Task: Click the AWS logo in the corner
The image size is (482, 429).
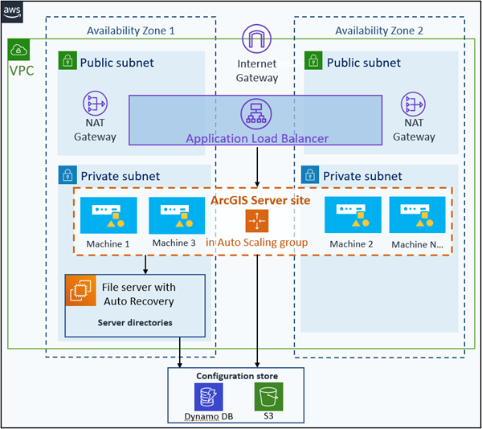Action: click(12, 12)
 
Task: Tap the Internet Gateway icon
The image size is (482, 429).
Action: click(257, 39)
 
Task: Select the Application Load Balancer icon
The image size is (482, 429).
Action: click(256, 114)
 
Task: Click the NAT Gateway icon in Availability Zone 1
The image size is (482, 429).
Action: click(95, 104)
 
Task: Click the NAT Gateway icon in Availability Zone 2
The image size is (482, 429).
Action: click(414, 104)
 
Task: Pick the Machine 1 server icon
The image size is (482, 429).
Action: click(108, 215)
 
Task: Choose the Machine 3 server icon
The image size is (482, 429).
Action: click(177, 215)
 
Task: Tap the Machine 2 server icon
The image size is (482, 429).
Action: click(353, 214)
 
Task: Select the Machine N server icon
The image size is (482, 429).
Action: click(417, 214)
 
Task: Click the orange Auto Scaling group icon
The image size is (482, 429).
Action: click(257, 221)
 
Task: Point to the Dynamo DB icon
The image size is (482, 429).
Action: click(208, 397)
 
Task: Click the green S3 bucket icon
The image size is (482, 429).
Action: click(268, 396)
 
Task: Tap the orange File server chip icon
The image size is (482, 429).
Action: click(81, 291)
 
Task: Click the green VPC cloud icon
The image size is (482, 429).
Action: click(18, 50)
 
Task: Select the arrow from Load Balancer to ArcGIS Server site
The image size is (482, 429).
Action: click(257, 167)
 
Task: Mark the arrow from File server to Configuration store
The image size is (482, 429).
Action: click(180, 352)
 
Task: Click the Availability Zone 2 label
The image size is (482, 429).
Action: click(379, 31)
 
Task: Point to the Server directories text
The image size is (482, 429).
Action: click(135, 323)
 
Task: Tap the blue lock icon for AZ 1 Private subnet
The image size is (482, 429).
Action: click(67, 175)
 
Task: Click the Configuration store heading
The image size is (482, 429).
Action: click(237, 376)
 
